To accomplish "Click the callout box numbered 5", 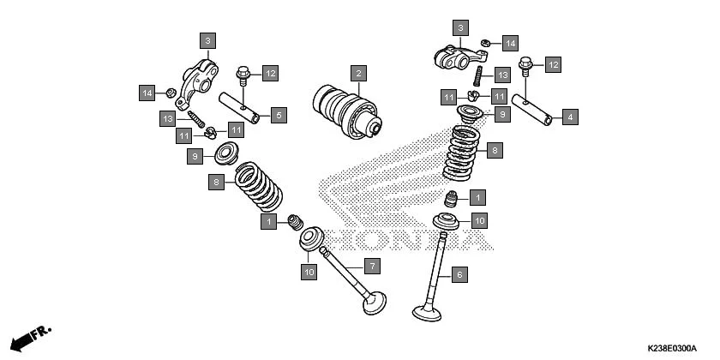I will click(x=278, y=114).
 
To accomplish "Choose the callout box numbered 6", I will click(x=459, y=275).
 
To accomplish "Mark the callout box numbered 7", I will click(x=372, y=267).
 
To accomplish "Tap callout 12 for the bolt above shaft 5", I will click(x=270, y=73).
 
